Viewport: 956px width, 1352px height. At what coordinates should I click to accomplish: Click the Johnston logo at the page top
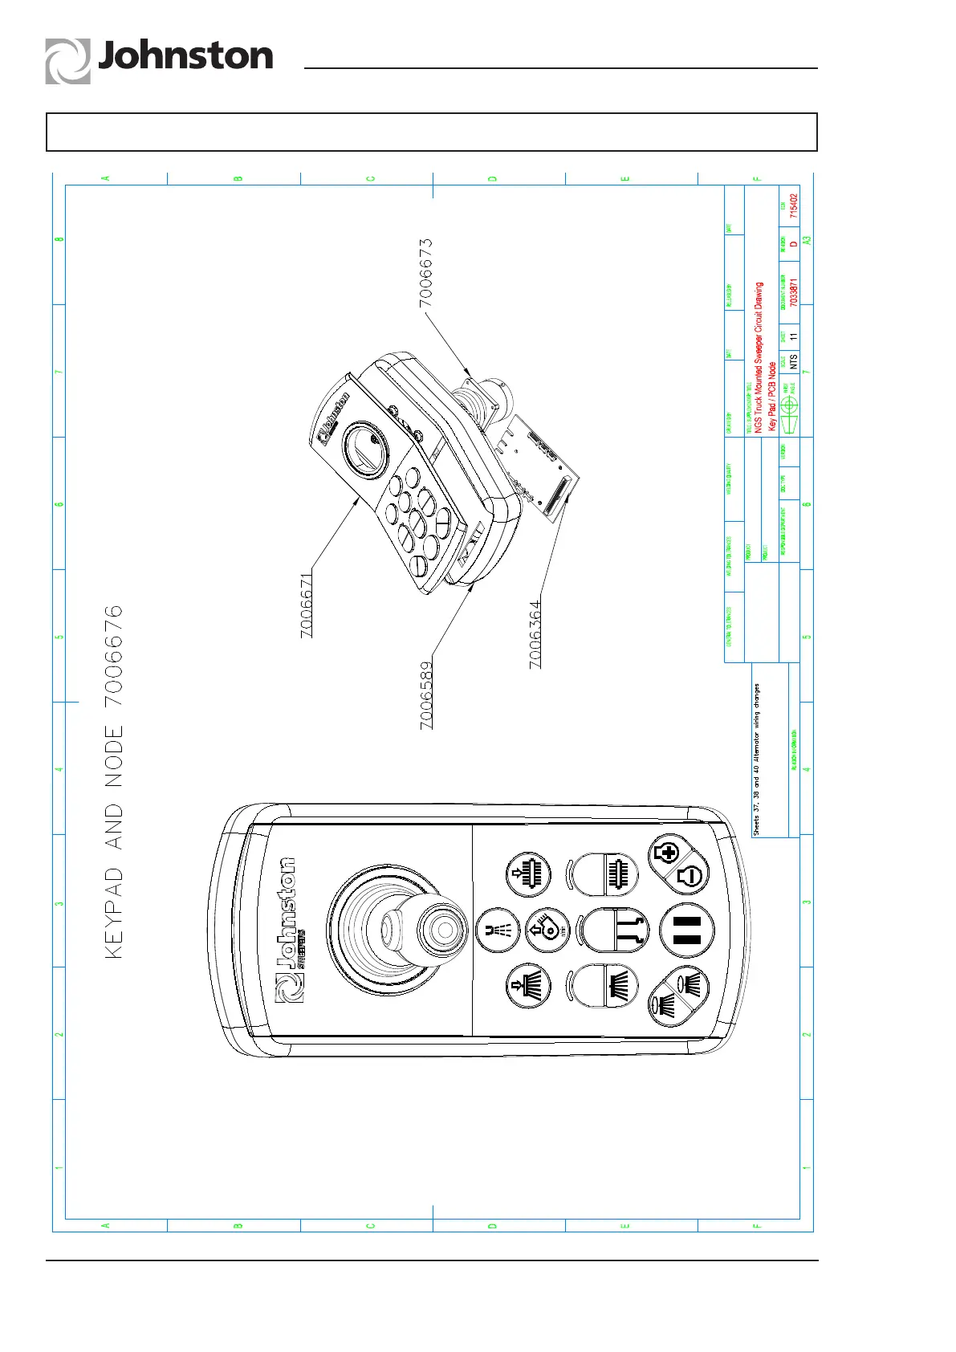coord(159,59)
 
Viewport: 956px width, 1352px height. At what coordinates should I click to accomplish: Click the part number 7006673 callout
coord(425,272)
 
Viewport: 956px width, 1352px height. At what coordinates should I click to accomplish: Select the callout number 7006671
coord(307,606)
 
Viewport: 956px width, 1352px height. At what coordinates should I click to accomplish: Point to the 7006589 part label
coord(426,694)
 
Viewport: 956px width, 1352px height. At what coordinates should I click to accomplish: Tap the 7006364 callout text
coord(535,634)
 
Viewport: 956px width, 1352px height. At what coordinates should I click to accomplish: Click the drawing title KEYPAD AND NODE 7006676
coord(115,781)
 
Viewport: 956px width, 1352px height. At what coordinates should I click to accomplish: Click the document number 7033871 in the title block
coord(794,293)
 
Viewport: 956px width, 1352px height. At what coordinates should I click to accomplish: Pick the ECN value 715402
coord(794,206)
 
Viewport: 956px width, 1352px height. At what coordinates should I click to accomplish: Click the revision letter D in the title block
coord(794,244)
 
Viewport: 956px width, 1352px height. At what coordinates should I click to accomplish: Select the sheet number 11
coord(794,337)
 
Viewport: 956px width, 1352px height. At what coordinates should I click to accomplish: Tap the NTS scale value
coord(794,362)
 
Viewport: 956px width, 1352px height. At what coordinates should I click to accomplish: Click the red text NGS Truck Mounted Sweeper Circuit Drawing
coord(759,357)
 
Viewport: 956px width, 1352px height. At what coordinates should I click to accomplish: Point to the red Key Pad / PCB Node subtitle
coord(772,396)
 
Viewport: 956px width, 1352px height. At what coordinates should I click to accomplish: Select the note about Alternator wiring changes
coord(756,759)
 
